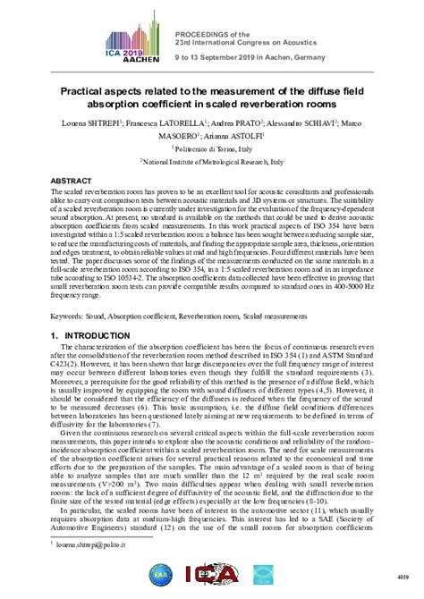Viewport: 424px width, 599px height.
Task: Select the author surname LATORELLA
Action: tap(149, 121)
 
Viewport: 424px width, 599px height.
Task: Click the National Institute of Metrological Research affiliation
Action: tap(214, 163)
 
